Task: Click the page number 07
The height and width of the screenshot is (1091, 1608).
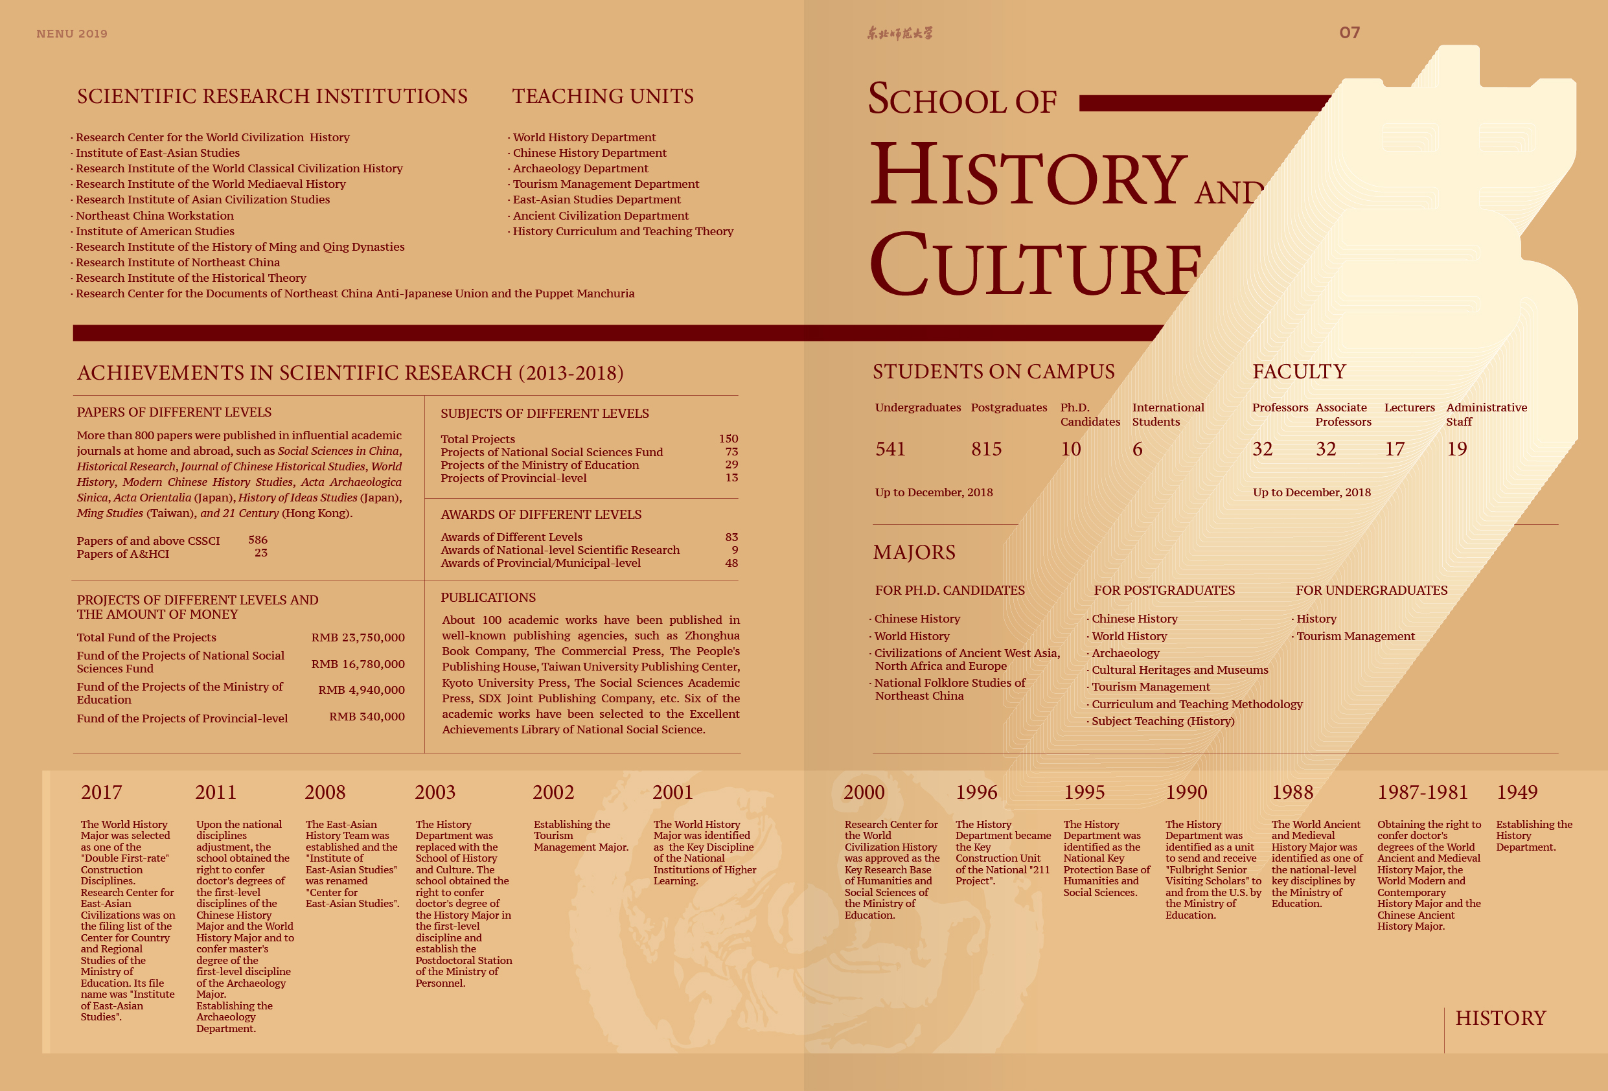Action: (x=1349, y=32)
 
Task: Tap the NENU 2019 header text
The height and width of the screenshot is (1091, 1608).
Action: (x=72, y=33)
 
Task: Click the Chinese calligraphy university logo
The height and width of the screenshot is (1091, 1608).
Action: (x=899, y=33)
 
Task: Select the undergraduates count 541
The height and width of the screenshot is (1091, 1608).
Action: (x=890, y=449)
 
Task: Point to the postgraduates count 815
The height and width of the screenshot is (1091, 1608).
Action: (x=986, y=449)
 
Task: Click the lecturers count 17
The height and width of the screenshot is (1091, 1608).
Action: (x=1394, y=449)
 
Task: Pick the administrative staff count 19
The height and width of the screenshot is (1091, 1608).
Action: (x=1456, y=449)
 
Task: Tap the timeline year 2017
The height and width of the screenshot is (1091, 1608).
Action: (x=101, y=792)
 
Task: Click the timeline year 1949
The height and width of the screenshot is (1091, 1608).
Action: (x=1517, y=792)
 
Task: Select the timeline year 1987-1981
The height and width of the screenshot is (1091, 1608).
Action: (x=1422, y=792)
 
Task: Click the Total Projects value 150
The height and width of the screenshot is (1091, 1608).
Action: (x=728, y=439)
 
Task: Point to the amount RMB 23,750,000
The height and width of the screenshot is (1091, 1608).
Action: (x=358, y=637)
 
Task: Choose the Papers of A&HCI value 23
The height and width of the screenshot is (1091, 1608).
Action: (x=260, y=553)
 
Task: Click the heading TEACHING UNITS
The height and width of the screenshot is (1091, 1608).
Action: (x=602, y=96)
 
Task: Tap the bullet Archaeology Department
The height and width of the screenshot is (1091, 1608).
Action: (x=580, y=168)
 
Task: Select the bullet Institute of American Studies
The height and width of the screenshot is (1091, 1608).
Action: (x=154, y=231)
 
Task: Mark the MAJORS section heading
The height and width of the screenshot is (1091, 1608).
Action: (x=913, y=552)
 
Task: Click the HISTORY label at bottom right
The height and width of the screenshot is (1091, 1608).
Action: (x=1500, y=1018)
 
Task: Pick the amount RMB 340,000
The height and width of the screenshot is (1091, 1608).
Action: (x=367, y=717)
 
